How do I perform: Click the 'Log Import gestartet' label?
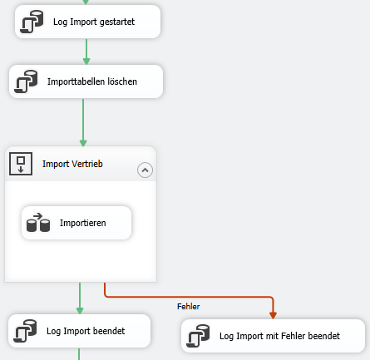tap(94, 22)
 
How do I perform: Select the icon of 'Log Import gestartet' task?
tap(32, 22)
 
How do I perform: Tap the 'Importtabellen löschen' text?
tap(92, 81)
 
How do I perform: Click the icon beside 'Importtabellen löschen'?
tap(26, 81)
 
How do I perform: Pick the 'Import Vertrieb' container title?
tap(72, 164)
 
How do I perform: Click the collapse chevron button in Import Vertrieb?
tap(145, 170)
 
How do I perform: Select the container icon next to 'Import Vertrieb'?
tap(21, 164)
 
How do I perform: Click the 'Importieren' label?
tap(83, 223)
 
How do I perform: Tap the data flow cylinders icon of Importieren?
tap(38, 222)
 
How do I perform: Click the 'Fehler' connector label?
tap(189, 307)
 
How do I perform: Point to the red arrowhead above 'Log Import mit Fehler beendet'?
tap(273, 315)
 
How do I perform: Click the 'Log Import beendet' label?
tap(86, 331)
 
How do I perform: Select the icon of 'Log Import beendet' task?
tap(25, 331)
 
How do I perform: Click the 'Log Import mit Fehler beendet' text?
tap(279, 336)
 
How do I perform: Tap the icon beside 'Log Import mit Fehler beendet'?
tap(198, 336)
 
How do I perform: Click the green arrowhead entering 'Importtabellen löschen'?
tap(86, 61)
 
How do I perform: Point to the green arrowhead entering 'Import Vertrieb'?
tap(83, 143)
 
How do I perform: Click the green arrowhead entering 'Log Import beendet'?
tap(80, 310)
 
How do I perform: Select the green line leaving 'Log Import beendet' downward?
tap(79, 354)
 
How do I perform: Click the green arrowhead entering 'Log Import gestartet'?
tap(86, 2)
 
